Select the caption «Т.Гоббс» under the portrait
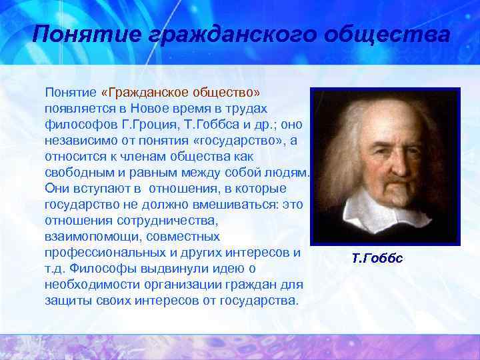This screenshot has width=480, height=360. click(377, 257)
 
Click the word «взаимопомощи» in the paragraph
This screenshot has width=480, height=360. click(83, 236)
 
